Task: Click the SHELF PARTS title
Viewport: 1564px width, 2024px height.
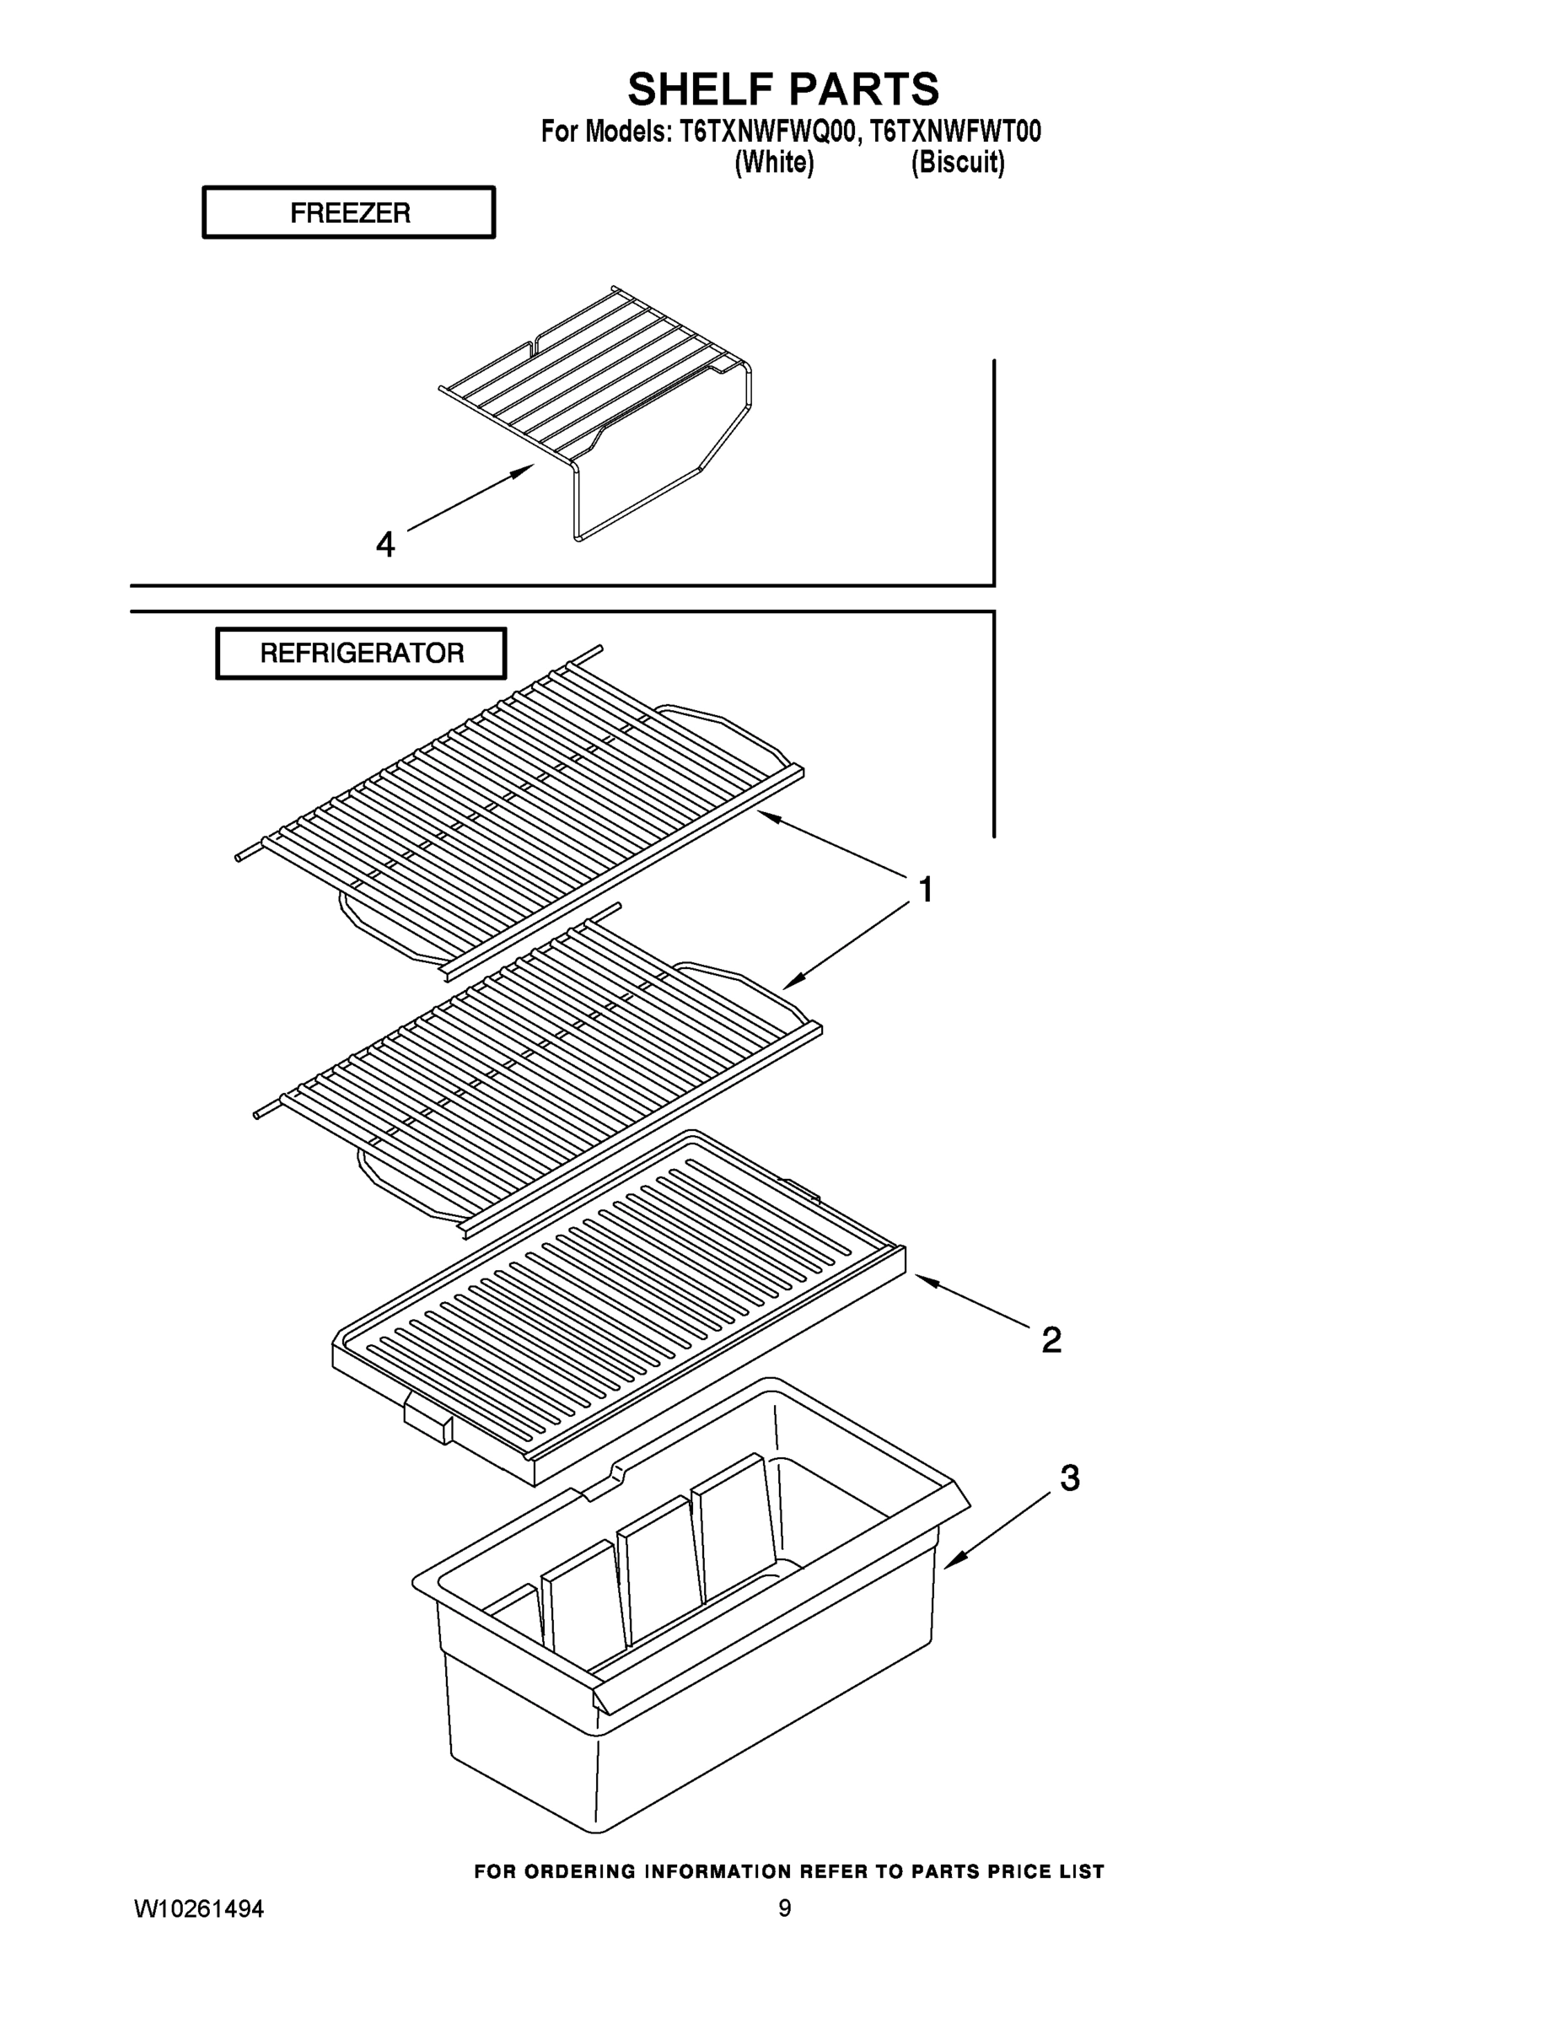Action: point(783,90)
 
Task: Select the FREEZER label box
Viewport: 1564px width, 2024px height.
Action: point(349,213)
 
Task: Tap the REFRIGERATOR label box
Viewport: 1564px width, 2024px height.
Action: point(362,654)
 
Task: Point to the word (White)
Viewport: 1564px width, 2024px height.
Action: point(774,163)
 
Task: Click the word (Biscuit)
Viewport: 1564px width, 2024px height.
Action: point(957,163)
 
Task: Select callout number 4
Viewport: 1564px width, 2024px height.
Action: point(385,545)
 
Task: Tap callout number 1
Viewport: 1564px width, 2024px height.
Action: point(925,890)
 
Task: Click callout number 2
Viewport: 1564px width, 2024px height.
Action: point(1051,1340)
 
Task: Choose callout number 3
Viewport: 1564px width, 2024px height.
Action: point(1069,1478)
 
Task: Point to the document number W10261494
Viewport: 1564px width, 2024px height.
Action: point(199,1909)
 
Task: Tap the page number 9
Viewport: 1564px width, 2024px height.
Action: point(784,1909)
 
